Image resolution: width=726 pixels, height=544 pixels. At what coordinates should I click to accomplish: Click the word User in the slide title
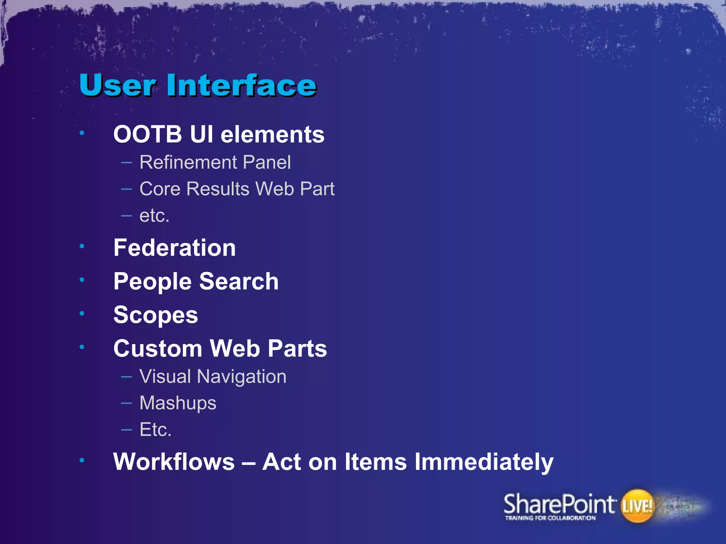[117, 85]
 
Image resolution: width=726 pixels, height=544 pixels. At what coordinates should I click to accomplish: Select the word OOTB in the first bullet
[147, 135]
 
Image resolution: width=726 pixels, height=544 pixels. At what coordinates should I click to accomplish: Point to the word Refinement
[188, 163]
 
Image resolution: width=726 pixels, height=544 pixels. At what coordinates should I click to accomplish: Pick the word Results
[218, 189]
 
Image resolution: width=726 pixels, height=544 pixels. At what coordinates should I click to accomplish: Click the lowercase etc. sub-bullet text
[154, 216]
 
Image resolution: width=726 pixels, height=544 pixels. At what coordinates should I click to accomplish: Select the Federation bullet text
[174, 248]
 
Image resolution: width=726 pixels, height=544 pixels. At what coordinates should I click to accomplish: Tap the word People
[153, 282]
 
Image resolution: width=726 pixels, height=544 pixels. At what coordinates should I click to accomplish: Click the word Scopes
[156, 315]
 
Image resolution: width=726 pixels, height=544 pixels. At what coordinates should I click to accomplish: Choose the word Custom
[158, 348]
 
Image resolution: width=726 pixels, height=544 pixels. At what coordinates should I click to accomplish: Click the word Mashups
[178, 403]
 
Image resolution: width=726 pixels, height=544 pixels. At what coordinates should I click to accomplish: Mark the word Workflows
[174, 462]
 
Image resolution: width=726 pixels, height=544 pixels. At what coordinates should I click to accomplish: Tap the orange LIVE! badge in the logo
[637, 506]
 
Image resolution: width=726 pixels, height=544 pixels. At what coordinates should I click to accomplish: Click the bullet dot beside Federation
[82, 246]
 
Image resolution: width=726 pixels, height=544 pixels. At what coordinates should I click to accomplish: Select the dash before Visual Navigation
[126, 376]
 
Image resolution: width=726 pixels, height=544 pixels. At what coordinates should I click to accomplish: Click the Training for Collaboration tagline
[550, 518]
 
